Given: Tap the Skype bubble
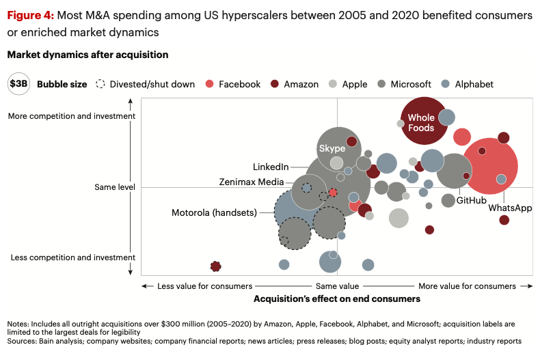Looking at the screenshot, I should point(332,149).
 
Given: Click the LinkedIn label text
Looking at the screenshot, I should point(271,167).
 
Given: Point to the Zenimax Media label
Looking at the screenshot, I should point(252,182).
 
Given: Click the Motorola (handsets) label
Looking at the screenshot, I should point(214,213).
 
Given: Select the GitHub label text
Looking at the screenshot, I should point(471,201).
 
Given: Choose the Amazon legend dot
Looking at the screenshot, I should point(275,84).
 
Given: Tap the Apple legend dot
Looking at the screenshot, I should point(333,84).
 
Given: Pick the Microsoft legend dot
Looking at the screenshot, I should point(381,84).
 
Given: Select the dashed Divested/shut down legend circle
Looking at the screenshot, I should point(100,84).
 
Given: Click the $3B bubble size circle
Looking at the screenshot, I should point(18,84).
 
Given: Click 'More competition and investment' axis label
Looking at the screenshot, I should point(72,116).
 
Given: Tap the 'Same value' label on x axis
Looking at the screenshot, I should point(337,286).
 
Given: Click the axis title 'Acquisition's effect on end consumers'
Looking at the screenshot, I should point(337,299).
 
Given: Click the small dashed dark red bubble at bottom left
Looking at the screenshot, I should point(216,266).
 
